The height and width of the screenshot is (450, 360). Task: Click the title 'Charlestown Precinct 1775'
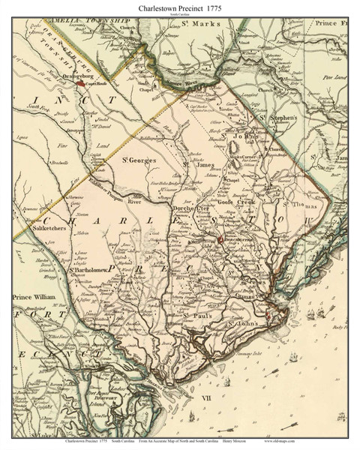(179, 6)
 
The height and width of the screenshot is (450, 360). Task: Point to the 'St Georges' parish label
(140, 159)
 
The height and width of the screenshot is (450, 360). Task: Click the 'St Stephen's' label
(279, 118)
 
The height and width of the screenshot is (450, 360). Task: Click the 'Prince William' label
(34, 298)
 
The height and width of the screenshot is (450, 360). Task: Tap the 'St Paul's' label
(197, 316)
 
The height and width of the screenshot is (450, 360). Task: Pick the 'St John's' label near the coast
(247, 323)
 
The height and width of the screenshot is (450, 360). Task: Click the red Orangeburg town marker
(80, 84)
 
